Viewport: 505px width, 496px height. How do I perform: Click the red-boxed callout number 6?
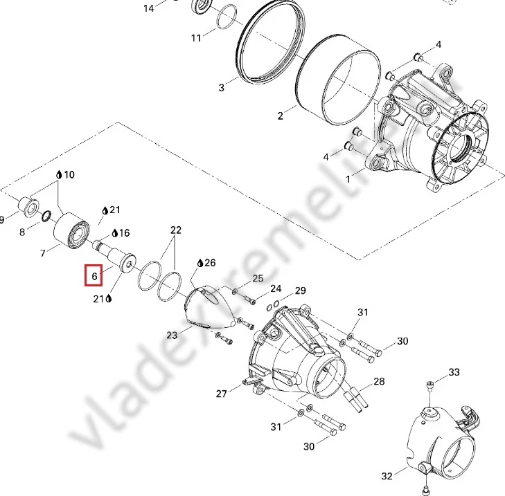pos(94,276)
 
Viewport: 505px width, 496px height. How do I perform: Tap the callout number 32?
pos(387,476)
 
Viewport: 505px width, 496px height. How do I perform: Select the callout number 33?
pos(454,372)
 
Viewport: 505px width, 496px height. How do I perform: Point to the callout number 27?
pos(222,394)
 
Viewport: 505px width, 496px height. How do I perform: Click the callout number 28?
pos(380,381)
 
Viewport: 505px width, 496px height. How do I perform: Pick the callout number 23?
pos(172,336)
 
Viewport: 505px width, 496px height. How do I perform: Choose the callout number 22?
pos(176,230)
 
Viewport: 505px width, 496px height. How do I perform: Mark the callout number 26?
pos(210,263)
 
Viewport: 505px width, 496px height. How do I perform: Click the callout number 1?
pos(348,179)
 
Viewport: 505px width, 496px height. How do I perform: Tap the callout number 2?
pos(280,116)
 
